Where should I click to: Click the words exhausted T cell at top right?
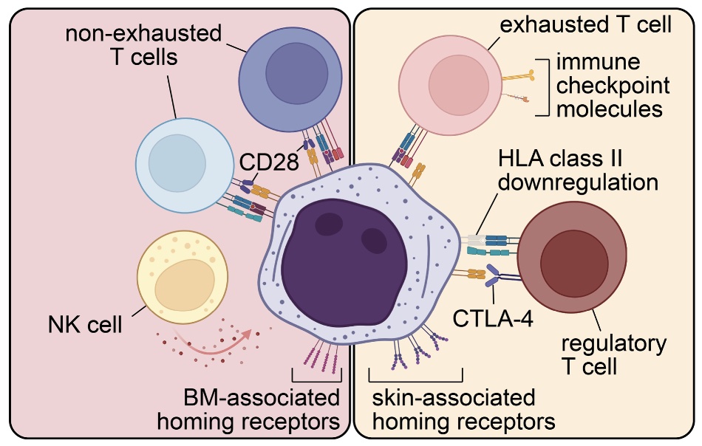[584, 25]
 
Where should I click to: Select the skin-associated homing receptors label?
[453, 410]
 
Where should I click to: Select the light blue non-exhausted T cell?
[180, 162]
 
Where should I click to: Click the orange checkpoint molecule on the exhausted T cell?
[520, 77]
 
